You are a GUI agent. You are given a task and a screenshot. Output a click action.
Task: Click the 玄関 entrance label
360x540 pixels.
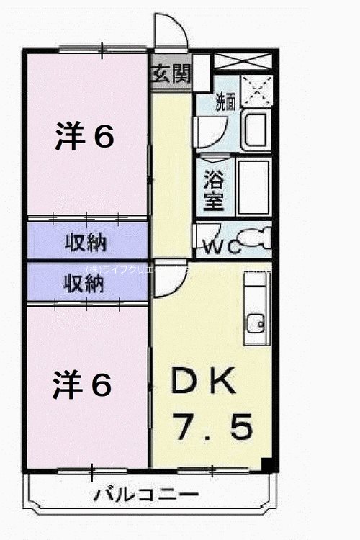171,74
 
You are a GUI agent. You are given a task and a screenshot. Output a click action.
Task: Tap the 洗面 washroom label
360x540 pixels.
225,102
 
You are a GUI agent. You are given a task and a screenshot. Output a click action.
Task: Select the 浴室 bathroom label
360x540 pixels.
213,189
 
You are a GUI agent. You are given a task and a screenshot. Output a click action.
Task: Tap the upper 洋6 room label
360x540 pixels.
84,137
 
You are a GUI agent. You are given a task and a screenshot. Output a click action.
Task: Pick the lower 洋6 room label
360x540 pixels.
81,385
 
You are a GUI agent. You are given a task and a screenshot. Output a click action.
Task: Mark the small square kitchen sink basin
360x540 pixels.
255,322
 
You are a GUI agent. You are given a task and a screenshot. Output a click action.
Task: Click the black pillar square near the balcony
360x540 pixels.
268,464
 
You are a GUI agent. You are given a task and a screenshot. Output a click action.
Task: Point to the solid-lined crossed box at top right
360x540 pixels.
243,61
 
